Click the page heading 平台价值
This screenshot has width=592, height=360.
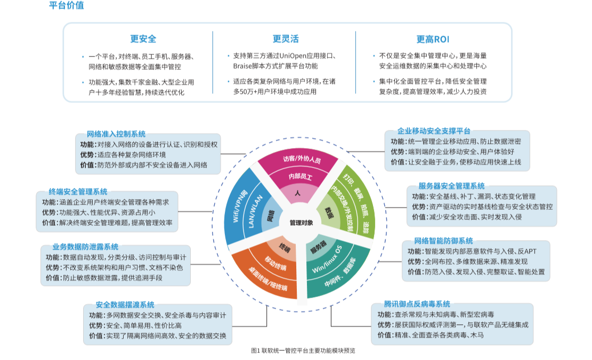click(x=66, y=6)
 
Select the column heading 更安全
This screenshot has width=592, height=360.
click(x=143, y=39)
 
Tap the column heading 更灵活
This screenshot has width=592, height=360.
click(x=286, y=39)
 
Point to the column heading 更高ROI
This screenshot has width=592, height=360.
click(x=433, y=39)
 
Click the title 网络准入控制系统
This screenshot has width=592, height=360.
click(x=116, y=134)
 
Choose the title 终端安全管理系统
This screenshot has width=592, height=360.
click(x=78, y=192)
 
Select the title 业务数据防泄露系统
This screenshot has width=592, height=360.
click(x=85, y=247)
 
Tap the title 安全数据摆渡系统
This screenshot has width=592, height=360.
click(x=125, y=305)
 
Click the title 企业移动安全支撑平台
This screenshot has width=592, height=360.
click(x=434, y=131)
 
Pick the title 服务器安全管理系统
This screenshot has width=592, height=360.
click(x=451, y=186)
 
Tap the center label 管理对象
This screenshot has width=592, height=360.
click(x=298, y=222)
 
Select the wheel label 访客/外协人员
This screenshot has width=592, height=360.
click(x=302, y=159)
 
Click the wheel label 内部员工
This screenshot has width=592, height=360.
click(x=300, y=176)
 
